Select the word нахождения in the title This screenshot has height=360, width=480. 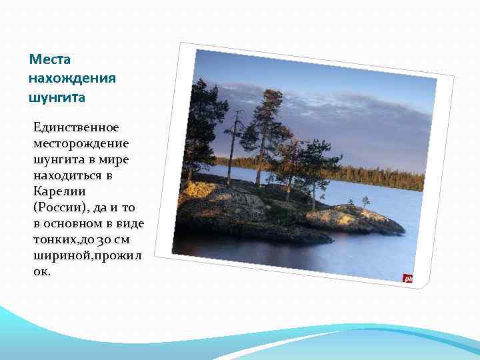pos(72,79)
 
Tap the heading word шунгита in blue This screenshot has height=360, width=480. pos(57,97)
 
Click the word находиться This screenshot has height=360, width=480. pos(67,175)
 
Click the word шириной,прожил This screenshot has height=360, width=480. pos(87,255)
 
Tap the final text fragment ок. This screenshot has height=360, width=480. pos(41,271)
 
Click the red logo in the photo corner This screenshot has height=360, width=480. pos(407,279)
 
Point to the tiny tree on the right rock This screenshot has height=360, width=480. pos(365,201)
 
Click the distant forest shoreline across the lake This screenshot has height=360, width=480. pos(380,177)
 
